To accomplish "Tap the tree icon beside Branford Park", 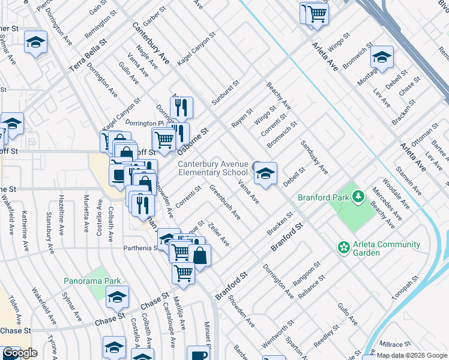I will point(358,196).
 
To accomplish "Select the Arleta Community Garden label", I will point(378,248).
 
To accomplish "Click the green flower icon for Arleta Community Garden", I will point(343,247).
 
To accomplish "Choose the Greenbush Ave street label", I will point(224,202).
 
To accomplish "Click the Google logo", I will point(20,353).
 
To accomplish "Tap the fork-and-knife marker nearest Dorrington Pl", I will point(181,108).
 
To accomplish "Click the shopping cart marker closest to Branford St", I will point(183,273).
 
